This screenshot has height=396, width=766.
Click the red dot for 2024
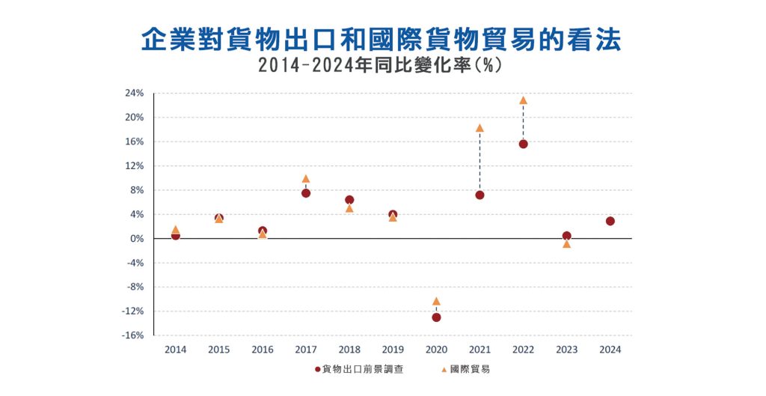tap(610, 221)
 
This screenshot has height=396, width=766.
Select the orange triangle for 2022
tap(523, 100)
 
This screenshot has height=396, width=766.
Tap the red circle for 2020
tap(436, 317)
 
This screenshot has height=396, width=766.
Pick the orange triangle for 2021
tap(479, 128)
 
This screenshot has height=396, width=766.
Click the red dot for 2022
tap(523, 144)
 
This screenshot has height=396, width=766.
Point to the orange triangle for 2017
tap(306, 179)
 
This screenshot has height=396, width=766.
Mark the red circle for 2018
tap(349, 200)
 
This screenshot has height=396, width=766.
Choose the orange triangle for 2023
tap(566, 244)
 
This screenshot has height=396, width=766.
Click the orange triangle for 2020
tap(436, 302)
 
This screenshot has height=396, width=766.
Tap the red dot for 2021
tap(479, 195)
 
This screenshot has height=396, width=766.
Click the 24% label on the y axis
tap(134, 94)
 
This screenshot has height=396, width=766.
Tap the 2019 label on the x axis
tap(393, 350)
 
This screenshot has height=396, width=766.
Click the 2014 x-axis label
tap(175, 350)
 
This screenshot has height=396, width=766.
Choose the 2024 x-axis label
tap(610, 350)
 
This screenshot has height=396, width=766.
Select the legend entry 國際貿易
tap(470, 370)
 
